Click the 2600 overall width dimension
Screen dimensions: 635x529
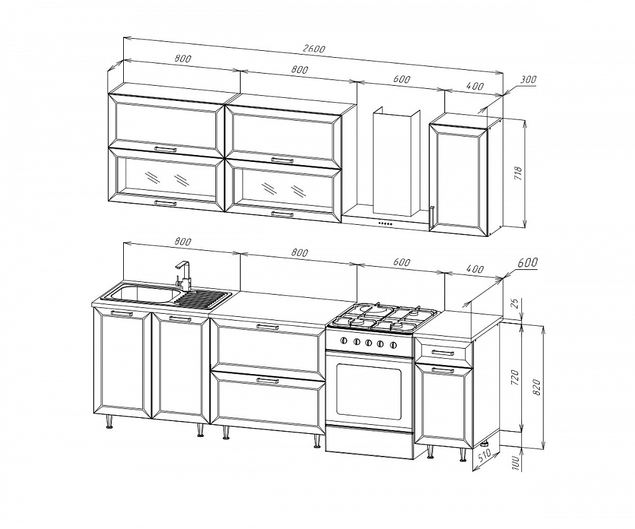[x=314, y=48]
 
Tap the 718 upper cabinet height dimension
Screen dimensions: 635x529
[x=519, y=173]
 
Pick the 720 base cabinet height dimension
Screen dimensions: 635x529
[x=514, y=377]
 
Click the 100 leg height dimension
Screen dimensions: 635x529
[x=516, y=462]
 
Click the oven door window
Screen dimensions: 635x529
[x=368, y=391]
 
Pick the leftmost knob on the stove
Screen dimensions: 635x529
[x=345, y=341]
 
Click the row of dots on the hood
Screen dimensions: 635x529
[x=385, y=223]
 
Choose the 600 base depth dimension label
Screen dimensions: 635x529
[x=527, y=263]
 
